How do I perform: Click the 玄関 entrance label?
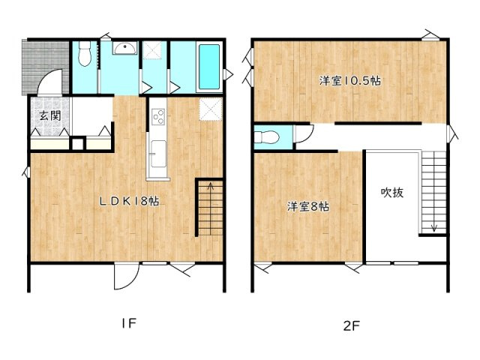(x=50, y=116)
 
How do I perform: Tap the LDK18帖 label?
(x=130, y=201)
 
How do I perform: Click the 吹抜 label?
(x=391, y=192)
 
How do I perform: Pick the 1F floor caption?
(x=128, y=324)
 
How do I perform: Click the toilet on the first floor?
(x=85, y=53)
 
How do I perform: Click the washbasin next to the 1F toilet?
(x=124, y=49)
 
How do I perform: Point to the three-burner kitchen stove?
(x=158, y=116)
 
